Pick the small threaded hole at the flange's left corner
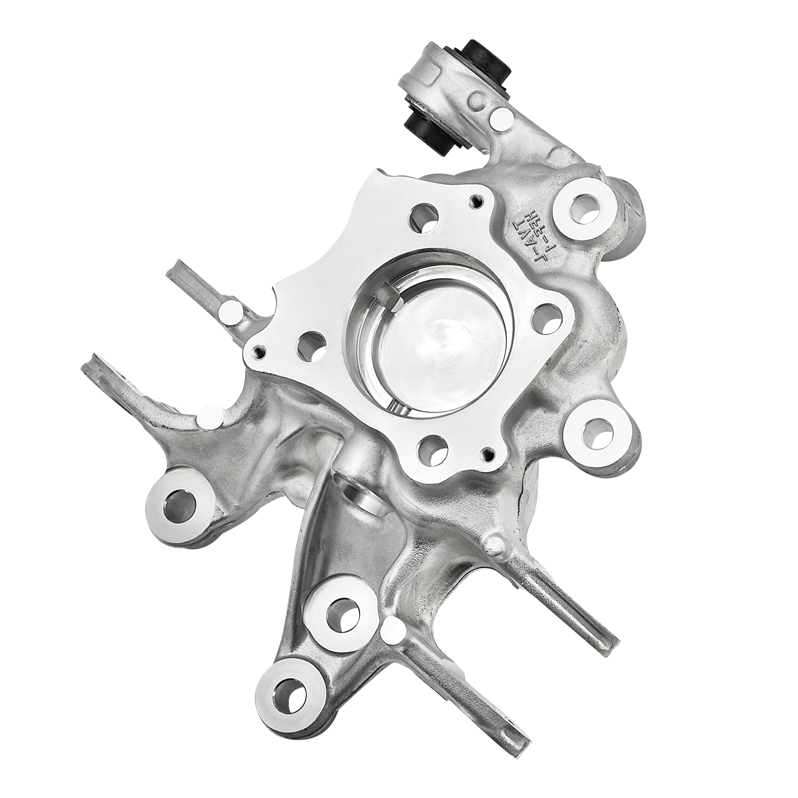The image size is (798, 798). tap(260, 352)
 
